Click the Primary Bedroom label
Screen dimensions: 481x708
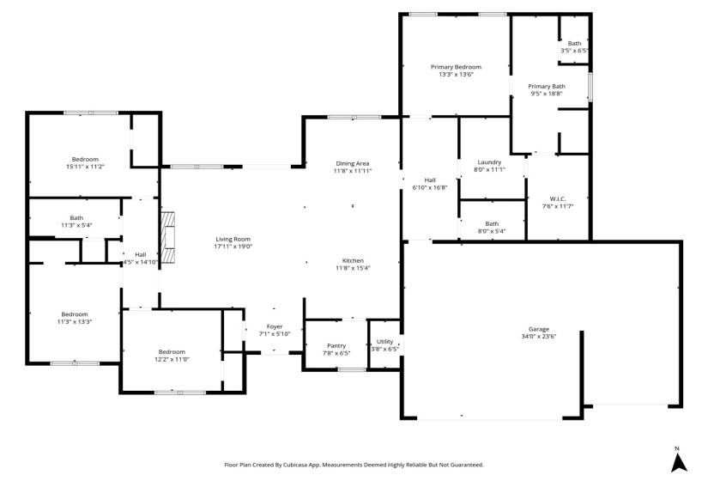click(x=456, y=67)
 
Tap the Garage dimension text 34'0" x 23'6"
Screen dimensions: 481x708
click(x=538, y=337)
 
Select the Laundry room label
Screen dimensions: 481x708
click(x=489, y=162)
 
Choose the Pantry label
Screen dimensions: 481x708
click(x=336, y=345)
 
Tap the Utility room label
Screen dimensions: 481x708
click(x=384, y=341)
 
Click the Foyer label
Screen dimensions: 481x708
click(x=275, y=326)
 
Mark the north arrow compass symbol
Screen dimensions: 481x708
click(x=679, y=461)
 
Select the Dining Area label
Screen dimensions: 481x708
click(x=352, y=163)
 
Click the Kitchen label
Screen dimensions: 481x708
click(x=353, y=260)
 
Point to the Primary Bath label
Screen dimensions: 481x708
click(x=547, y=86)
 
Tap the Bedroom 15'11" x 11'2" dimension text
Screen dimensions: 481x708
click(x=85, y=167)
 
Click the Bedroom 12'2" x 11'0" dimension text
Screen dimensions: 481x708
click(x=172, y=359)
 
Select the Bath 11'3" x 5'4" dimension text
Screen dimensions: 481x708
click(x=76, y=225)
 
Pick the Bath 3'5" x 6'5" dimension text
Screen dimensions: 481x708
click(x=574, y=51)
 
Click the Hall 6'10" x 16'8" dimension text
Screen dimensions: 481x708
click(x=430, y=187)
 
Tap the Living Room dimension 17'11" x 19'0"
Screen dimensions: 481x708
click(x=233, y=247)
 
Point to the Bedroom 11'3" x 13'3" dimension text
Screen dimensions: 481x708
click(x=74, y=322)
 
